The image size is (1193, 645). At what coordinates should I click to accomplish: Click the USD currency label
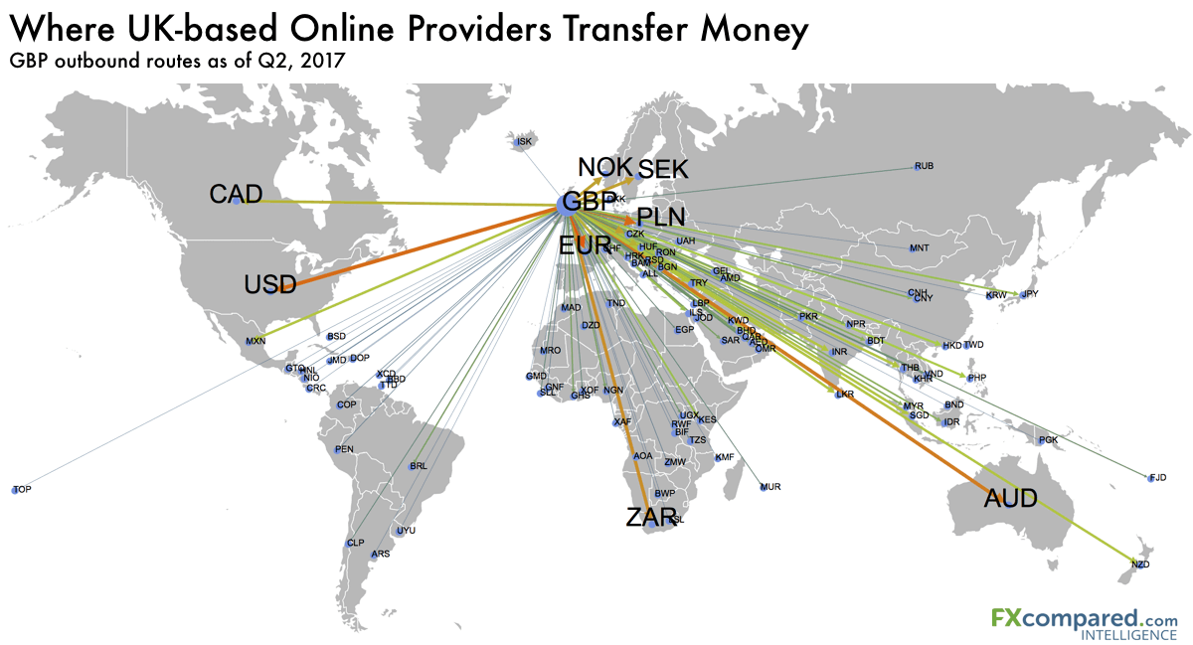coord(270,286)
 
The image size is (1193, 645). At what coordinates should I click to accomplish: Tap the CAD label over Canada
coord(236,195)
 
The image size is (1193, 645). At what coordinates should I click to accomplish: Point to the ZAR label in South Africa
coord(651,517)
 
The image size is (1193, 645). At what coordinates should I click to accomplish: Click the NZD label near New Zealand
coord(1139,564)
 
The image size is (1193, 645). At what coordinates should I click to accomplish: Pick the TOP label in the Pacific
coord(22,490)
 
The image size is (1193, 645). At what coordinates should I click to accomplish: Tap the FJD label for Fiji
coord(1157,478)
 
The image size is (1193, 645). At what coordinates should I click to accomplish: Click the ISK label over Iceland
coord(525,142)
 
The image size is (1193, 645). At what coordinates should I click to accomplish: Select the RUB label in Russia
coord(925,166)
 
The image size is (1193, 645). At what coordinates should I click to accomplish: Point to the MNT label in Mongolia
coord(919,247)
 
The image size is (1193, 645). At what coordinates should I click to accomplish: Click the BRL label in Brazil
coord(419,466)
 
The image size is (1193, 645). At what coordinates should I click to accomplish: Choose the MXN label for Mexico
coord(256,342)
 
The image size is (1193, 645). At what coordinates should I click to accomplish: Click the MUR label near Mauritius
coord(770,487)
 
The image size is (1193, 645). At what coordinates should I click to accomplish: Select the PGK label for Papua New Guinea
coord(1048,439)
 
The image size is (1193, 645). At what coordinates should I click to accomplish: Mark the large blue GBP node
coord(572,204)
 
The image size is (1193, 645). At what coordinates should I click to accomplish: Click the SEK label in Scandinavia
coord(662,170)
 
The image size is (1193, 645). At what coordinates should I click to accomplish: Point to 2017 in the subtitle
coord(320,62)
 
